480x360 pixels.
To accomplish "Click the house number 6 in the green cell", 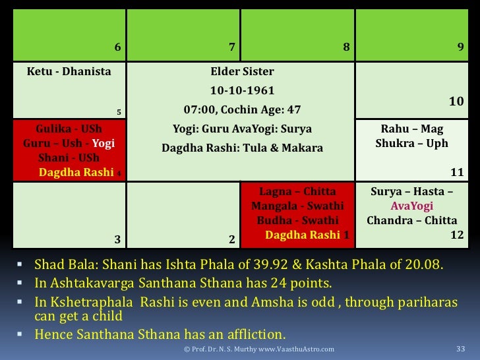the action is pos(117,47).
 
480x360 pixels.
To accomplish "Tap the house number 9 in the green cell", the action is pos(460,47).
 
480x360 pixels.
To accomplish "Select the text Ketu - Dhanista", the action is pos(69,71).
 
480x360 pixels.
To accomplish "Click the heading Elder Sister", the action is pos(242,71).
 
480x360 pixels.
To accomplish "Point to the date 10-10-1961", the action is pos(242,90).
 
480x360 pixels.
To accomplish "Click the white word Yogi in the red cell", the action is pos(104,143).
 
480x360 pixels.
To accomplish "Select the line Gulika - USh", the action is pos(69,129).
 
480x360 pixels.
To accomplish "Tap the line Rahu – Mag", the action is pos(412,129).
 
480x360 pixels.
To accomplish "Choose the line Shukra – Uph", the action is pos(412,143).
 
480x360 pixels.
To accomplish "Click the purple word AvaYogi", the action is pos(412,206).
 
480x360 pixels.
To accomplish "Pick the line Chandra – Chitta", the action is pos(412,220).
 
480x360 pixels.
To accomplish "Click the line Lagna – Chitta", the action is pos(297,192).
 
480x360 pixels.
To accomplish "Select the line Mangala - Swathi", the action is pos(297,206).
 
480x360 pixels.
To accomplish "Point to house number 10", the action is pos(456,102).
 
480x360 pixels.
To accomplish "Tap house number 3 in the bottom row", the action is pos(117,239).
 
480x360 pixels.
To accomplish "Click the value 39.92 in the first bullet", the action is pos(270,264).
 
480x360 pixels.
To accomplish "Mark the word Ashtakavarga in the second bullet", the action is pos(92,283).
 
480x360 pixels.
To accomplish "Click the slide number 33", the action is pos(460,349).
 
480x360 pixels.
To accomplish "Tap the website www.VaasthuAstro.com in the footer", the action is pos(296,349).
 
